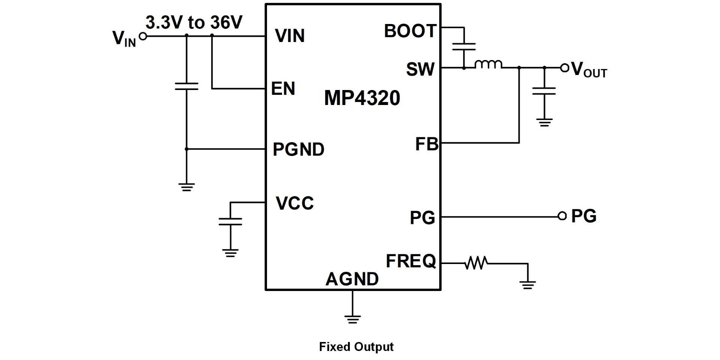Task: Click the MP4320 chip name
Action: (362, 98)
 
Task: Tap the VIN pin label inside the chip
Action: (290, 36)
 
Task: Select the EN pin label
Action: (283, 88)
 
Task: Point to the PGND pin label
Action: (298, 149)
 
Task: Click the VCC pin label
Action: (295, 203)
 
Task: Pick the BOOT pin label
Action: (410, 31)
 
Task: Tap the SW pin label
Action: (420, 69)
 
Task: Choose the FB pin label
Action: (427, 144)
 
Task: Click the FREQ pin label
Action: (411, 261)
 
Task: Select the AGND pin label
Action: (352, 279)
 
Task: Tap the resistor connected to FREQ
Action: (476, 263)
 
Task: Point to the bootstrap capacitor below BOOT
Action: (464, 46)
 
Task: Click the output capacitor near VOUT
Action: (544, 91)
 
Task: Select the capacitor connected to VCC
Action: (230, 222)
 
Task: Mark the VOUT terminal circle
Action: (564, 68)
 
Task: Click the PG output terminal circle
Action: (562, 216)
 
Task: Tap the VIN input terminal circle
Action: (142, 36)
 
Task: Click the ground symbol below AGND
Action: (352, 319)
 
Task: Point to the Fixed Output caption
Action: (356, 347)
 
